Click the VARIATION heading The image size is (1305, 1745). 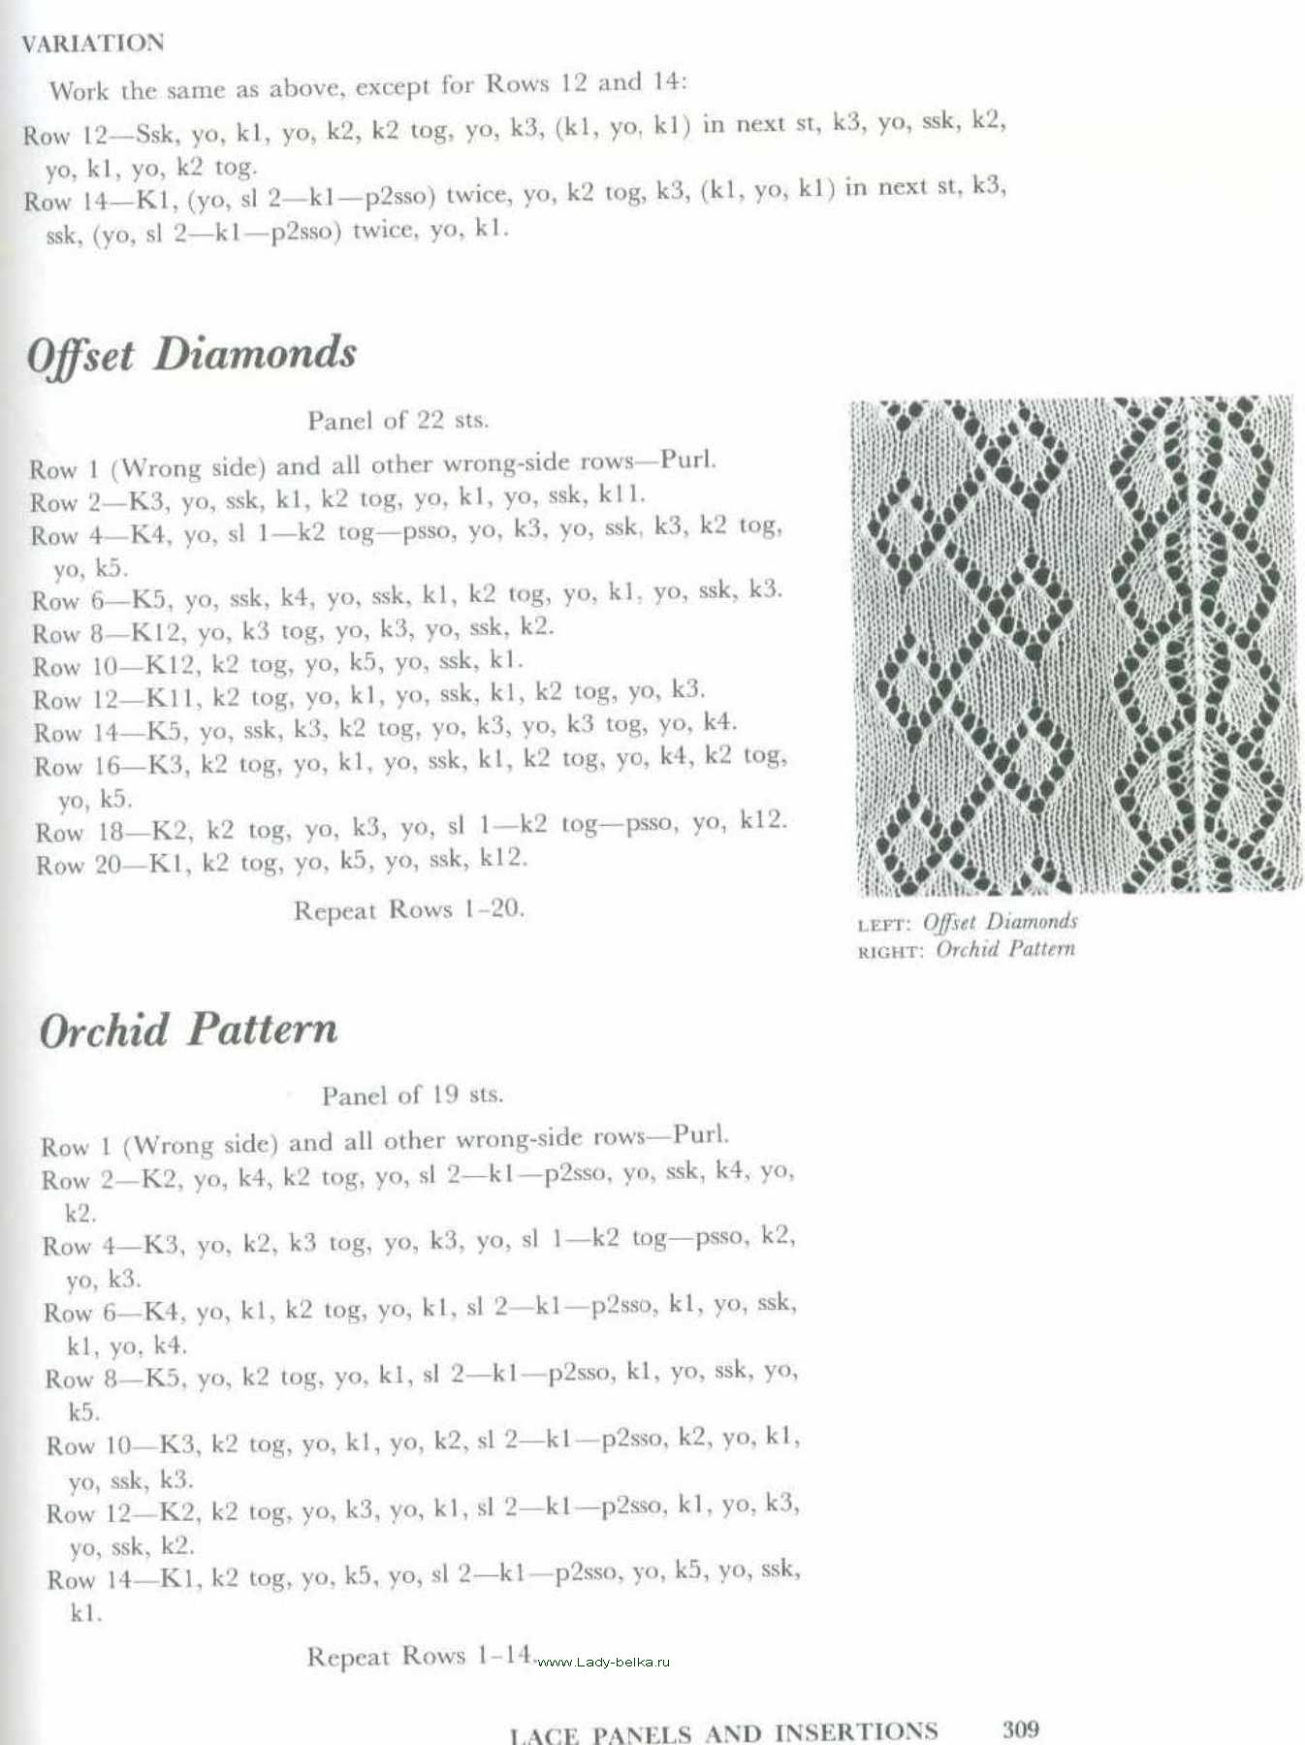93,44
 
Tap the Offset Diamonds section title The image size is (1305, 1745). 191,355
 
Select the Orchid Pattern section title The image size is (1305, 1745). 188,1030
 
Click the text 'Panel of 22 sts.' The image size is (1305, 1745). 398,420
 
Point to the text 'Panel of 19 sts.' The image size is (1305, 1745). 412,1095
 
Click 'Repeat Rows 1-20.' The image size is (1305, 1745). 408,909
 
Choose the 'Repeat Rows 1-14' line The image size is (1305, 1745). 419,1656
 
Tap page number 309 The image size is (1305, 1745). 1020,1729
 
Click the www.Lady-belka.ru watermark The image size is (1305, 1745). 603,1662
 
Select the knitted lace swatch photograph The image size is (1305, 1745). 1074,645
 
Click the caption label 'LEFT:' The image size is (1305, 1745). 884,925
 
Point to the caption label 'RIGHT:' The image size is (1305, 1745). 889,952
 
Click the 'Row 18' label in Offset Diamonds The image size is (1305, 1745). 79,832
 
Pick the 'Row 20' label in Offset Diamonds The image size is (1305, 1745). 79,865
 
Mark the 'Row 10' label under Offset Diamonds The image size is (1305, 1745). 76,667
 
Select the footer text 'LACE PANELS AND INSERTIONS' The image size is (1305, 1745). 723,1732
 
